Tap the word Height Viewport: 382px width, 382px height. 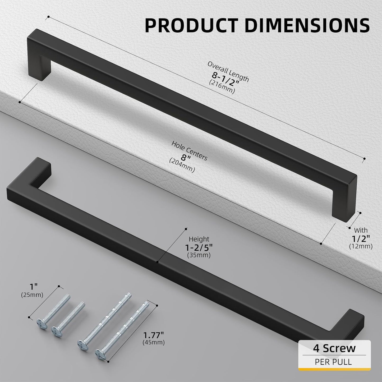(199, 239)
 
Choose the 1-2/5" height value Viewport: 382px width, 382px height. (199, 247)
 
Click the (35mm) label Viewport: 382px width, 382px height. (199, 255)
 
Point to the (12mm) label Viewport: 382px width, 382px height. (361, 246)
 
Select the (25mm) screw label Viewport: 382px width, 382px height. (32, 295)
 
